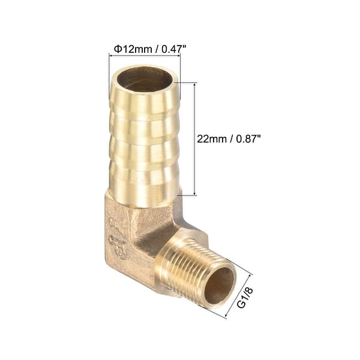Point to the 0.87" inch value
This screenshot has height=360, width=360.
coord(247,138)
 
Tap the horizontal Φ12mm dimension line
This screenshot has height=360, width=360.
coord(144,56)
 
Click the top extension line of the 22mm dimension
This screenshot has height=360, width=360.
coord(188,82)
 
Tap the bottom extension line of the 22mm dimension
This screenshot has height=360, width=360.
coord(188,195)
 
